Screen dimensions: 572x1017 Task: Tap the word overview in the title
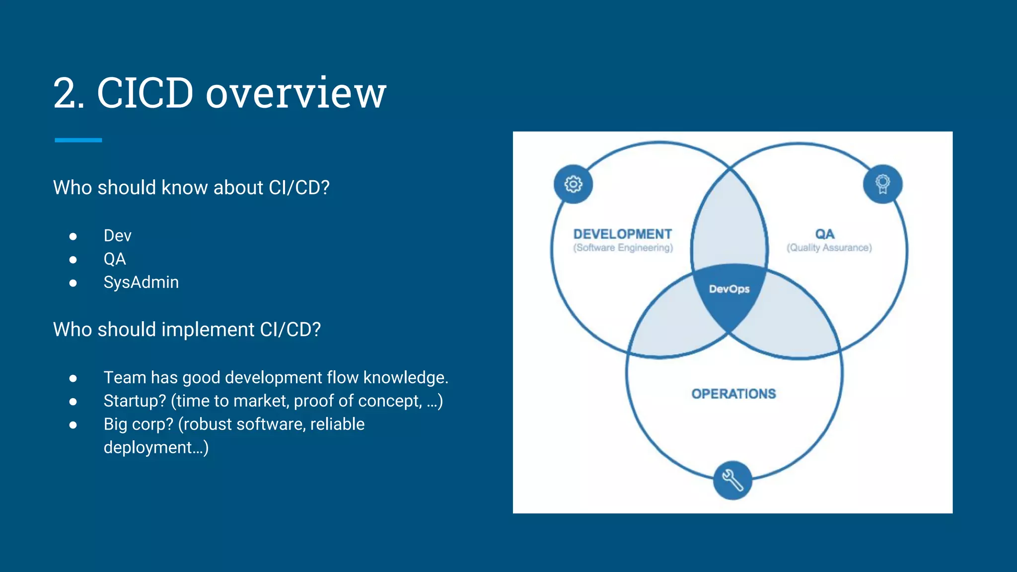click(x=296, y=94)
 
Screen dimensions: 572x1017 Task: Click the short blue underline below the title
click(x=78, y=141)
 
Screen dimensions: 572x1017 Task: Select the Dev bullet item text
click(x=117, y=235)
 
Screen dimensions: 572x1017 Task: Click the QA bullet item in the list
click(x=115, y=259)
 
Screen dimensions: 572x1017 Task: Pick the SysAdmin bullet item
click(x=141, y=282)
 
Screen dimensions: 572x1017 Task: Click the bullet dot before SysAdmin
click(x=73, y=283)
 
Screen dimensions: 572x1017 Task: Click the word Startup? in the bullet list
click(x=135, y=401)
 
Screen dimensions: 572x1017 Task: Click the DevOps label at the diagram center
click(x=729, y=289)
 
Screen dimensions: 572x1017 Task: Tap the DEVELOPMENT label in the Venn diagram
click(x=622, y=234)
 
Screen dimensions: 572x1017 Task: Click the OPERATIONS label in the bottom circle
click(x=733, y=394)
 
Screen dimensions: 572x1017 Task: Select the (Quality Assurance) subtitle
click(x=829, y=248)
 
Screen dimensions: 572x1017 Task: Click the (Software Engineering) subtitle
click(x=623, y=248)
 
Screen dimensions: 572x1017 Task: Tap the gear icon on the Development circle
click(x=573, y=184)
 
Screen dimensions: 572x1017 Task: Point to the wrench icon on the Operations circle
click(x=732, y=480)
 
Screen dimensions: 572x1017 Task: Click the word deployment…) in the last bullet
click(x=156, y=448)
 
